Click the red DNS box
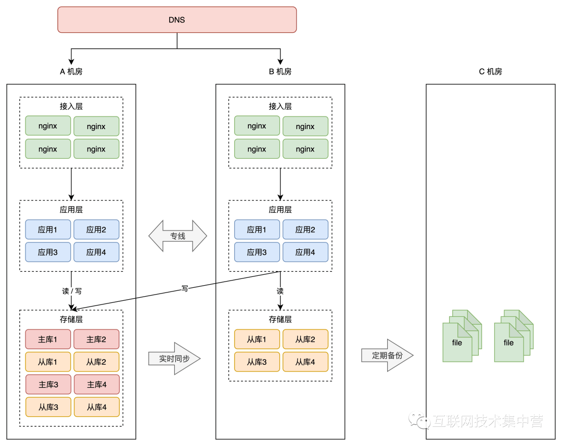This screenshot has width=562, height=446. coord(177,20)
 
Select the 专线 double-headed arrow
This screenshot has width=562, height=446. coord(178,236)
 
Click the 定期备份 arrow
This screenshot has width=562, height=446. coord(387,355)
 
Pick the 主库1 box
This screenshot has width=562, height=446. coord(48,339)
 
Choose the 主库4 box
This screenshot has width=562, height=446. coord(96,385)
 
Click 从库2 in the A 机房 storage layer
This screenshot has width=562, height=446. coord(96,362)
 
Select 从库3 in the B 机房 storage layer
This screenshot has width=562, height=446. coord(257,362)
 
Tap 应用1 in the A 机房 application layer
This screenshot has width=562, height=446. coord(48,230)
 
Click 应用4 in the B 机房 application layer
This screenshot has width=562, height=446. coord(305,252)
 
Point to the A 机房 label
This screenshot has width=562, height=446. coord(71,72)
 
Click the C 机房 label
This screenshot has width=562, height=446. coord(490,72)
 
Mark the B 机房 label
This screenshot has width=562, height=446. coord(280,72)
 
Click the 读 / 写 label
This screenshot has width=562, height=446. coord(72,291)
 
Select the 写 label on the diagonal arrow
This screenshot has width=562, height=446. coord(185,288)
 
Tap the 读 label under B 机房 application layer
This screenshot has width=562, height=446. coord(280,291)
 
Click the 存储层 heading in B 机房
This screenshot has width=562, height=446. coord(280,320)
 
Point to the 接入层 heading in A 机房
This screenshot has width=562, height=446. coord(71,106)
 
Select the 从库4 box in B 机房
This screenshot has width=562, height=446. coord(305,362)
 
